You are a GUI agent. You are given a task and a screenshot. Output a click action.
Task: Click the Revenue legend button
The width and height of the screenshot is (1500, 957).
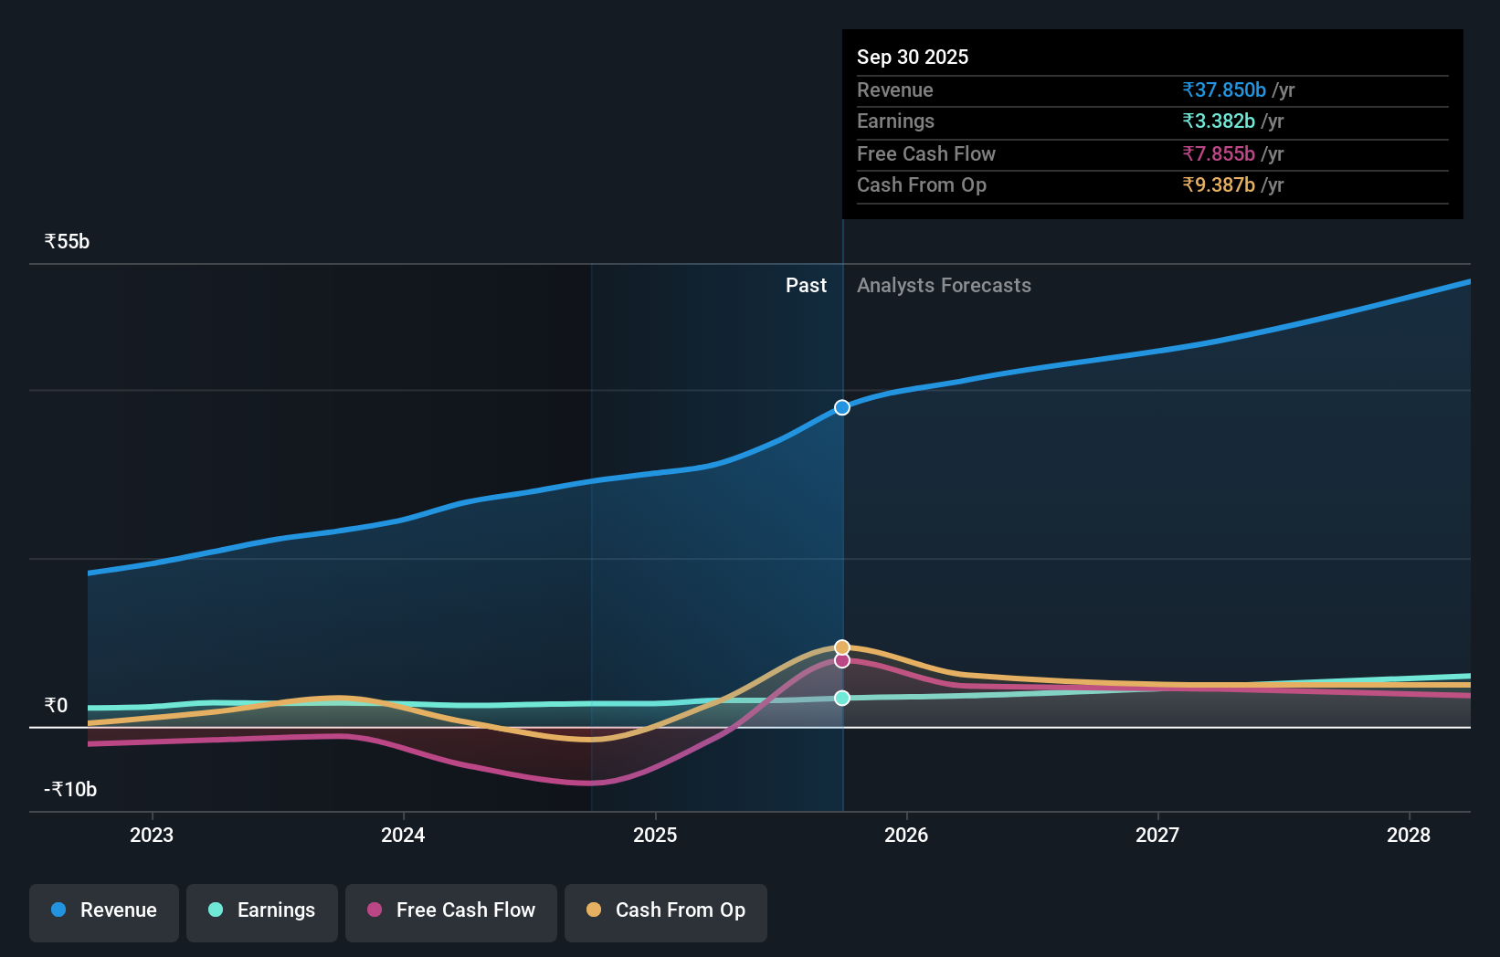pyautogui.click(x=104, y=910)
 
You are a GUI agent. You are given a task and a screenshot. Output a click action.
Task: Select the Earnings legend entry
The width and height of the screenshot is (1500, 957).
pyautogui.click(x=262, y=910)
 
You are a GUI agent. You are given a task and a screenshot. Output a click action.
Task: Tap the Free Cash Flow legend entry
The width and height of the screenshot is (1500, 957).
pyautogui.click(x=451, y=910)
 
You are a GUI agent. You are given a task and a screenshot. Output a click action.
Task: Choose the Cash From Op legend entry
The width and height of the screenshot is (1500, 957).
pyautogui.click(x=666, y=910)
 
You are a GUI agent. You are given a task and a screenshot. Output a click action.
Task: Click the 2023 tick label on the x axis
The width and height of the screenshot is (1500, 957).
pyautogui.click(x=152, y=836)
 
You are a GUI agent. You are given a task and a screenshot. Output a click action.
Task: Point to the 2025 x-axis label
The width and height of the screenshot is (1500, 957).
pyautogui.click(x=655, y=836)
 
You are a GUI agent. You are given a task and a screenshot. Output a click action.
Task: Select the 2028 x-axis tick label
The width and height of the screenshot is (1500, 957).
pyautogui.click(x=1409, y=836)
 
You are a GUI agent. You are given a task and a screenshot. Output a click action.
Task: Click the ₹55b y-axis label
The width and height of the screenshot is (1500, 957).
pyautogui.click(x=68, y=242)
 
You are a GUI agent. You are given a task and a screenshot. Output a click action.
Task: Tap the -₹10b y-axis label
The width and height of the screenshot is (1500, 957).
pyautogui.click(x=71, y=790)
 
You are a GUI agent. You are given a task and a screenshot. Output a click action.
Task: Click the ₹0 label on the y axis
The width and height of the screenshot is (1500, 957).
pyautogui.click(x=57, y=706)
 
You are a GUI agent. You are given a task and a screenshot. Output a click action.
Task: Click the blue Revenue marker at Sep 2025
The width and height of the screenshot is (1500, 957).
pyautogui.click(x=842, y=407)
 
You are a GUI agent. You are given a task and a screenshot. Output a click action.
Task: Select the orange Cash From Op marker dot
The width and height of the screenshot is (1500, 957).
pyautogui.click(x=842, y=647)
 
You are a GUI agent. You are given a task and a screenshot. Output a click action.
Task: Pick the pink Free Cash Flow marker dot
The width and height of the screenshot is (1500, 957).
pyautogui.click(x=842, y=660)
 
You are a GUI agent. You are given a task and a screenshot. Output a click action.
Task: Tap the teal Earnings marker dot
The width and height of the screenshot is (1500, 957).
pyautogui.click(x=842, y=698)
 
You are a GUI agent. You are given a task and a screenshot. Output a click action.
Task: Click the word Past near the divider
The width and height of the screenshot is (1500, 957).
pyautogui.click(x=806, y=286)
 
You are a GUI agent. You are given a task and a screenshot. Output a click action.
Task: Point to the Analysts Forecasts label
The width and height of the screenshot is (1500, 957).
pyautogui.click(x=944, y=286)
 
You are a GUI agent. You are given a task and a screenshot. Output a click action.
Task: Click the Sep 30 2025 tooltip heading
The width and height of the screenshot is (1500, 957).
pyautogui.click(x=913, y=58)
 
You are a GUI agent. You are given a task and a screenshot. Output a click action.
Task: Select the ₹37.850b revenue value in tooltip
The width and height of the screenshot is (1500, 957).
pyautogui.click(x=1224, y=90)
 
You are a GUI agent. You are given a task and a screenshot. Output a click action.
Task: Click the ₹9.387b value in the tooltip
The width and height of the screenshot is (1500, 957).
pyautogui.click(x=1219, y=185)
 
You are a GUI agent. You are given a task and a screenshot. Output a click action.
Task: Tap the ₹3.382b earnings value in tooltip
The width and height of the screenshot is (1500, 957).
pyautogui.click(x=1219, y=121)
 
